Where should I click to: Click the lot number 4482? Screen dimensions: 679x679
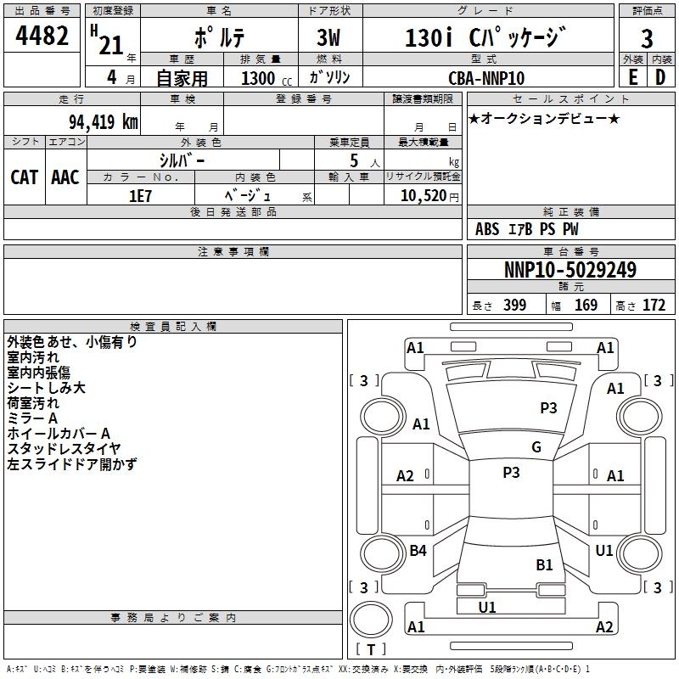pyautogui.click(x=42, y=37)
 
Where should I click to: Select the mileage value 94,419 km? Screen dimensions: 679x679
pyautogui.click(x=98, y=121)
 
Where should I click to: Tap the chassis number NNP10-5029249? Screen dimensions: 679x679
pyautogui.click(x=570, y=270)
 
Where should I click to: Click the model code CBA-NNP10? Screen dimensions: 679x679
pyautogui.click(x=486, y=78)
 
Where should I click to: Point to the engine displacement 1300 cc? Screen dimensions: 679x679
pyautogui.click(x=258, y=78)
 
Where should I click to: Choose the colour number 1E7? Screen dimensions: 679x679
pyautogui.click(x=140, y=194)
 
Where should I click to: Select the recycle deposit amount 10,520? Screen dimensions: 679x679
pyautogui.click(x=421, y=195)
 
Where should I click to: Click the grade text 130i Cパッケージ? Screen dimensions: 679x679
pyautogui.click(x=484, y=38)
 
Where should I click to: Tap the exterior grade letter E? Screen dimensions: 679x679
pyautogui.click(x=632, y=77)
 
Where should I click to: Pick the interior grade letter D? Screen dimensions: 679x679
pyautogui.click(x=660, y=77)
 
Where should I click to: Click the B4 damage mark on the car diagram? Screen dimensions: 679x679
pyautogui.click(x=418, y=551)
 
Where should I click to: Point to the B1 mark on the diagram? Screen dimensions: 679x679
pyautogui.click(x=544, y=564)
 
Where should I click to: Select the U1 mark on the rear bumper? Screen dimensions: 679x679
pyautogui.click(x=487, y=607)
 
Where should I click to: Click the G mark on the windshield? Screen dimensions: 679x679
pyautogui.click(x=536, y=447)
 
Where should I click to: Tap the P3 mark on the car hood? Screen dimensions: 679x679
pyautogui.click(x=548, y=408)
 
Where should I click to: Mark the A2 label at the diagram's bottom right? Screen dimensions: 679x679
pyautogui.click(x=604, y=627)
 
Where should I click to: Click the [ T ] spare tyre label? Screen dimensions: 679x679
pyautogui.click(x=371, y=649)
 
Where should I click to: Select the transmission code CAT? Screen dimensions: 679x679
pyautogui.click(x=24, y=177)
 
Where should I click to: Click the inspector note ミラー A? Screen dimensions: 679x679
pyautogui.click(x=32, y=418)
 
